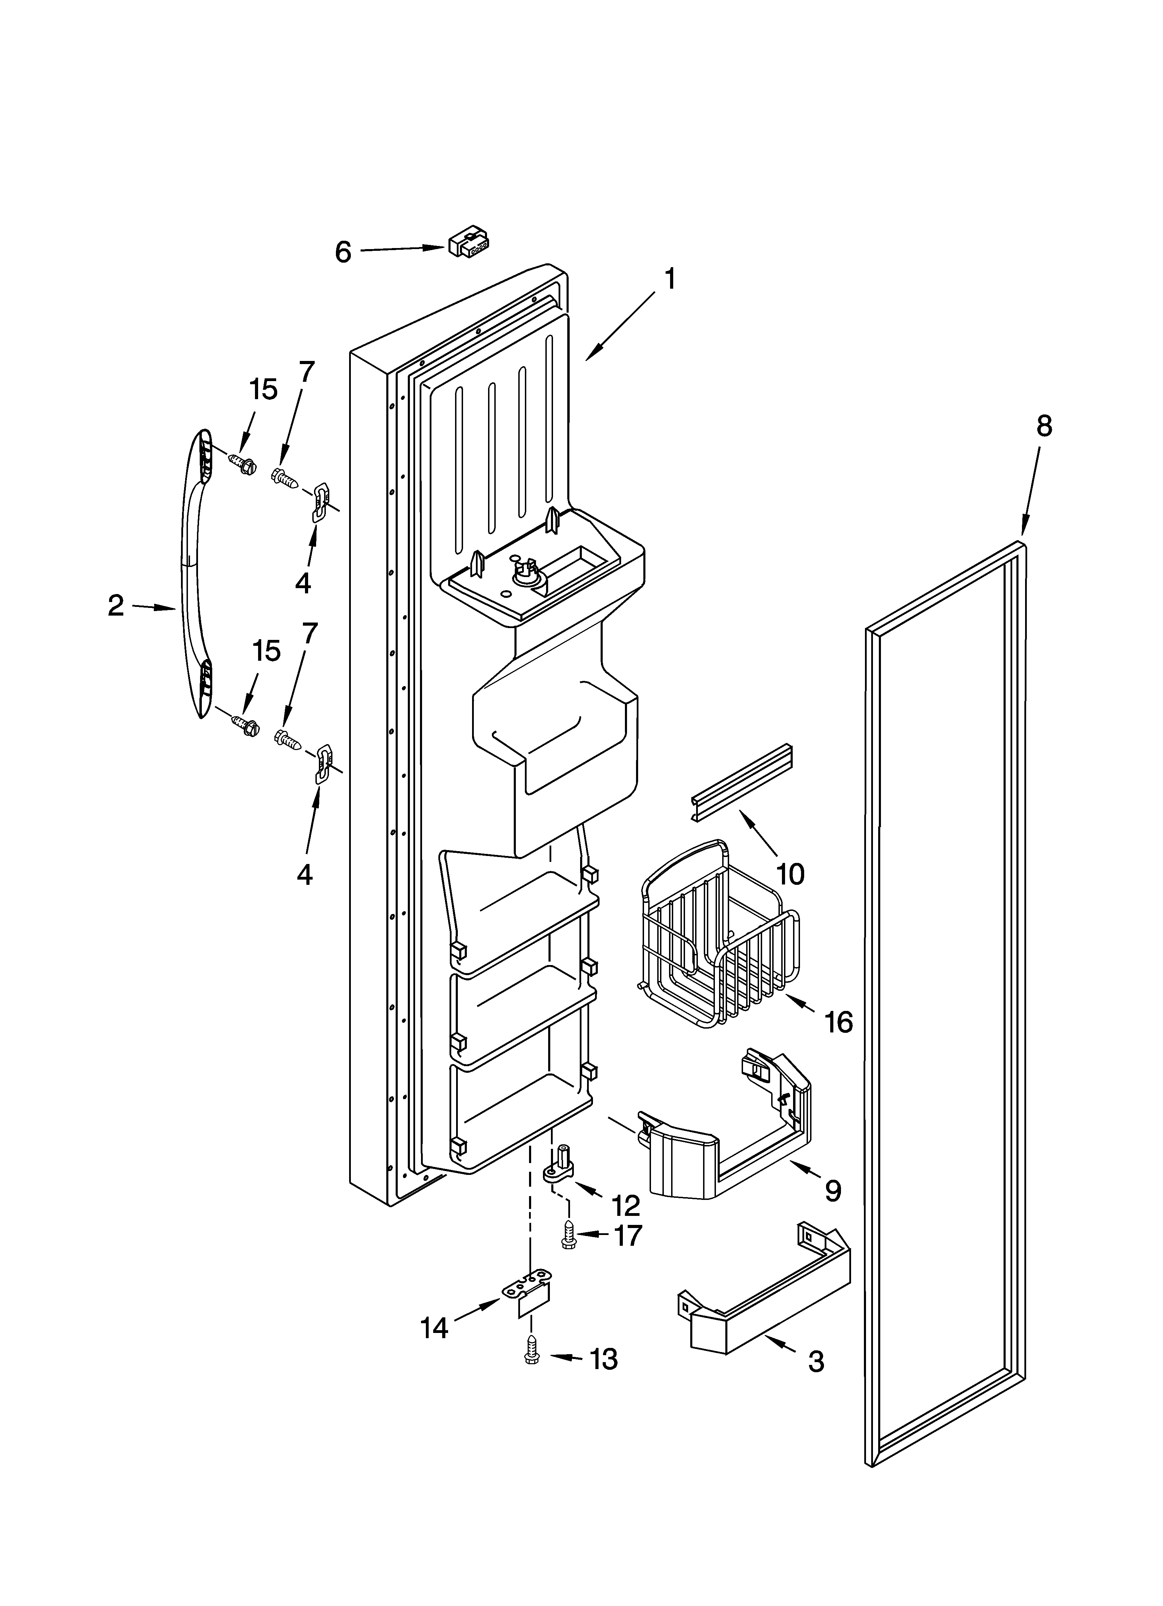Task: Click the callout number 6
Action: pos(343,252)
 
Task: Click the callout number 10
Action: pos(790,874)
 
